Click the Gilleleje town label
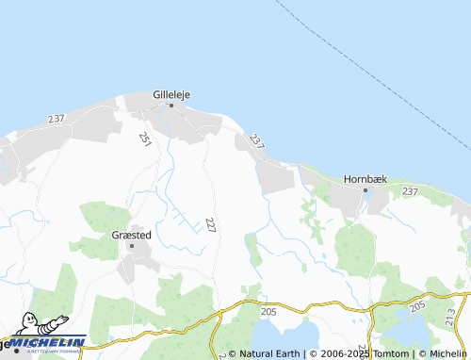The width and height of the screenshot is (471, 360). [x=171, y=94]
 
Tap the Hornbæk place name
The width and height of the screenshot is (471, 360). [x=365, y=177]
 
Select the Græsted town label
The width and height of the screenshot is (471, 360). [x=132, y=235]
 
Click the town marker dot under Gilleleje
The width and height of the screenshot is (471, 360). [x=171, y=106]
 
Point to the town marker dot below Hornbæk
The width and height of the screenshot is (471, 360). [x=365, y=189]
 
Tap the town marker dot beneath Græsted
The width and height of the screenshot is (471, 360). [x=132, y=246]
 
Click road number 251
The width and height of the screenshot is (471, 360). [x=145, y=139]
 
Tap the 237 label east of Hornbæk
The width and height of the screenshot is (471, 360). [x=410, y=191]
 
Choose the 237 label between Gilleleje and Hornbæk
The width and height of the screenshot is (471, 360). [x=255, y=139]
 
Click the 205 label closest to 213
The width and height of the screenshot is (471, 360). [x=418, y=305]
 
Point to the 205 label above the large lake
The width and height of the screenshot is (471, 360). [x=268, y=310]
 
